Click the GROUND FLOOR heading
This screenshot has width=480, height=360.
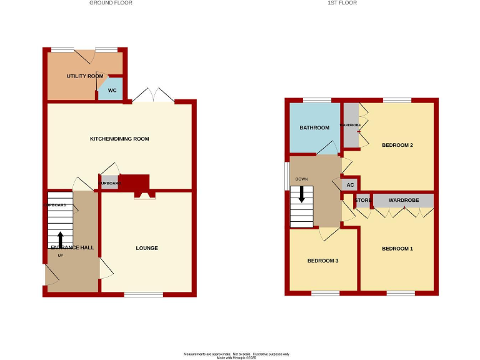point(111,3)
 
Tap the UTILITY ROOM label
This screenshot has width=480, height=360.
point(85,76)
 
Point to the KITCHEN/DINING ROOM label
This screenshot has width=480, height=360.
point(119,139)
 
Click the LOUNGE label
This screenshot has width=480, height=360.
point(147,248)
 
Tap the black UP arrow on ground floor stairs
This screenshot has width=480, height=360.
point(61,239)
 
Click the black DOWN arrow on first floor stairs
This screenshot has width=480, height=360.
point(302,194)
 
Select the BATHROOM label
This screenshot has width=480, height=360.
point(314,128)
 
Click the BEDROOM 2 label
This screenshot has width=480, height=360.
point(397,145)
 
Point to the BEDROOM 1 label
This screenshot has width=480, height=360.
point(397,249)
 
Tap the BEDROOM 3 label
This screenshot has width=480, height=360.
point(322,260)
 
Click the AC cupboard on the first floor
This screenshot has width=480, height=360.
point(350,185)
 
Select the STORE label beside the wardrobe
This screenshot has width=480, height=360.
point(363,201)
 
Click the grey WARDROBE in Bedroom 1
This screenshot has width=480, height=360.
point(403,201)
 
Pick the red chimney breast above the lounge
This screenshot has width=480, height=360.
point(134,182)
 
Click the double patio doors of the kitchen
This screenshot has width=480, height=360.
point(153,96)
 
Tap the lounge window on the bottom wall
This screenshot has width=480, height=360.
point(144,294)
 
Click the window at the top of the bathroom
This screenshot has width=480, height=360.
point(317,100)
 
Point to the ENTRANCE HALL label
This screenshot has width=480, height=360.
point(72,248)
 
